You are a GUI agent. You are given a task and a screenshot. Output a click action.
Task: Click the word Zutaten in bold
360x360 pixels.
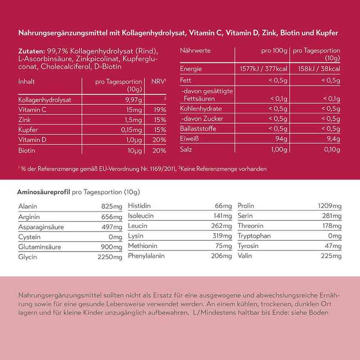(x=31, y=50)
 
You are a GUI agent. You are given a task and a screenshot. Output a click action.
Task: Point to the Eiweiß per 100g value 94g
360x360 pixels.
(x=281, y=139)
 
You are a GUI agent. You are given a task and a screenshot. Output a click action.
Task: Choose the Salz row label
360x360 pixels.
(x=186, y=149)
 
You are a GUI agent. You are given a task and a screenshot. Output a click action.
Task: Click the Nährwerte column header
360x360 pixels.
(x=195, y=51)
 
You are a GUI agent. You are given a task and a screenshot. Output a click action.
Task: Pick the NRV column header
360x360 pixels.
(x=158, y=82)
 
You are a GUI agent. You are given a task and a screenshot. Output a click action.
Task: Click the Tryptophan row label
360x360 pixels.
(x=255, y=236)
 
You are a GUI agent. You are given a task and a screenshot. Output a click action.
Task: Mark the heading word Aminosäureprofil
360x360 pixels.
(x=43, y=192)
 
